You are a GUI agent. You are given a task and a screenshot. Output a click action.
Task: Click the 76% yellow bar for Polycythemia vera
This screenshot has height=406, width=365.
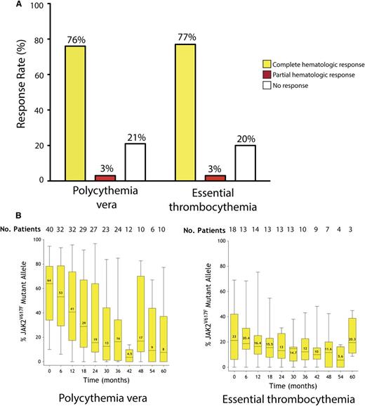pyautogui.click(x=74, y=113)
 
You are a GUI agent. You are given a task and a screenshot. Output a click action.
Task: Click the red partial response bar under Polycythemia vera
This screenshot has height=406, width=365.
pyautogui.click(x=105, y=177)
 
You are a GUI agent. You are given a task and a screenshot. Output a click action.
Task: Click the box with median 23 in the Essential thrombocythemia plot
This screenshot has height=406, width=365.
pyautogui.click(x=215, y=336)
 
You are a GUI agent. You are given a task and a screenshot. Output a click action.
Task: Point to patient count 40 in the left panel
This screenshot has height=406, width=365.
pyautogui.click(x=49, y=229)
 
